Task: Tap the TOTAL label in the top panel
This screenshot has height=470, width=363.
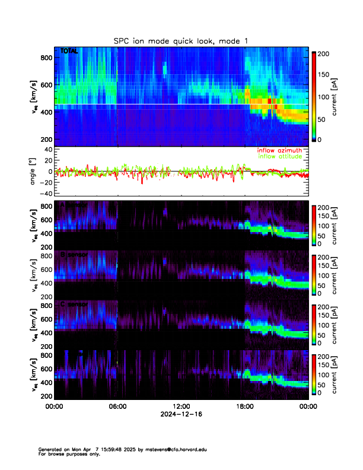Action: click(x=69, y=52)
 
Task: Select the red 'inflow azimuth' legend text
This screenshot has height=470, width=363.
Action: click(x=280, y=151)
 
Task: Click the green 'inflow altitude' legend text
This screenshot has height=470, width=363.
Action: click(x=281, y=157)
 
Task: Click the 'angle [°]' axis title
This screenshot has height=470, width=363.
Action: click(x=34, y=171)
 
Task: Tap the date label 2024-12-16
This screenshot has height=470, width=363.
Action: click(x=181, y=415)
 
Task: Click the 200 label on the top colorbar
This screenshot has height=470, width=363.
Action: click(x=324, y=53)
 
